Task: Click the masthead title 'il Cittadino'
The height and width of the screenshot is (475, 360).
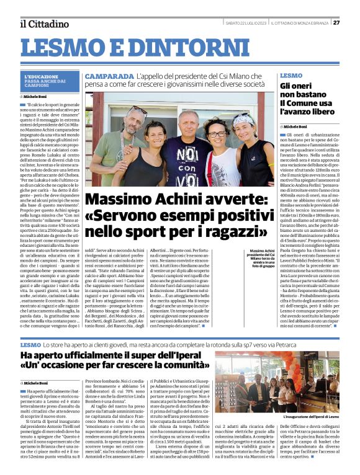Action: (x=44, y=24)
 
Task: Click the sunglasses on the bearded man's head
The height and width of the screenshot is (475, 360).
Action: (x=138, y=110)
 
